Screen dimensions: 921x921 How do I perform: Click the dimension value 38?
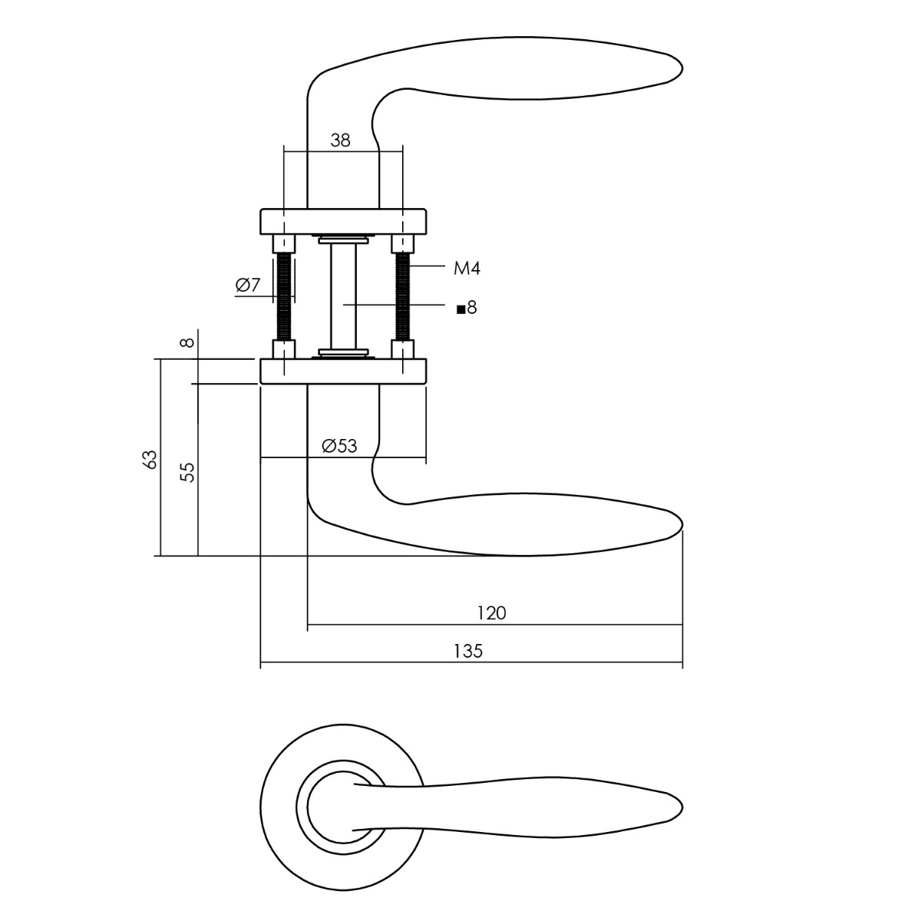click(340, 140)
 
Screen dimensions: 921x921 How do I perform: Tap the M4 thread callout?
click(467, 268)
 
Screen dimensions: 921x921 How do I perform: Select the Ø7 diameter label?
click(248, 286)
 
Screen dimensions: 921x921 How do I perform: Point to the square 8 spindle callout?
click(467, 308)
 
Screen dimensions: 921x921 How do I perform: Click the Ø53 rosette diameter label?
click(340, 445)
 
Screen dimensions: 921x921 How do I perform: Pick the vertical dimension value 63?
click(150, 459)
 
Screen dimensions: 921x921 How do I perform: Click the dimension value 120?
click(491, 612)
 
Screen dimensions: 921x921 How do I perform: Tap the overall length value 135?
click(468, 651)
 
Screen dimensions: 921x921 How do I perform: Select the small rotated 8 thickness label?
click(188, 342)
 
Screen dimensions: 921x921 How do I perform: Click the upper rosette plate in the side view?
click(343, 220)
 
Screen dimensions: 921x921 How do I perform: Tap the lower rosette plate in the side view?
click(343, 371)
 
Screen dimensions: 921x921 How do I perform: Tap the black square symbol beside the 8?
click(460, 309)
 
